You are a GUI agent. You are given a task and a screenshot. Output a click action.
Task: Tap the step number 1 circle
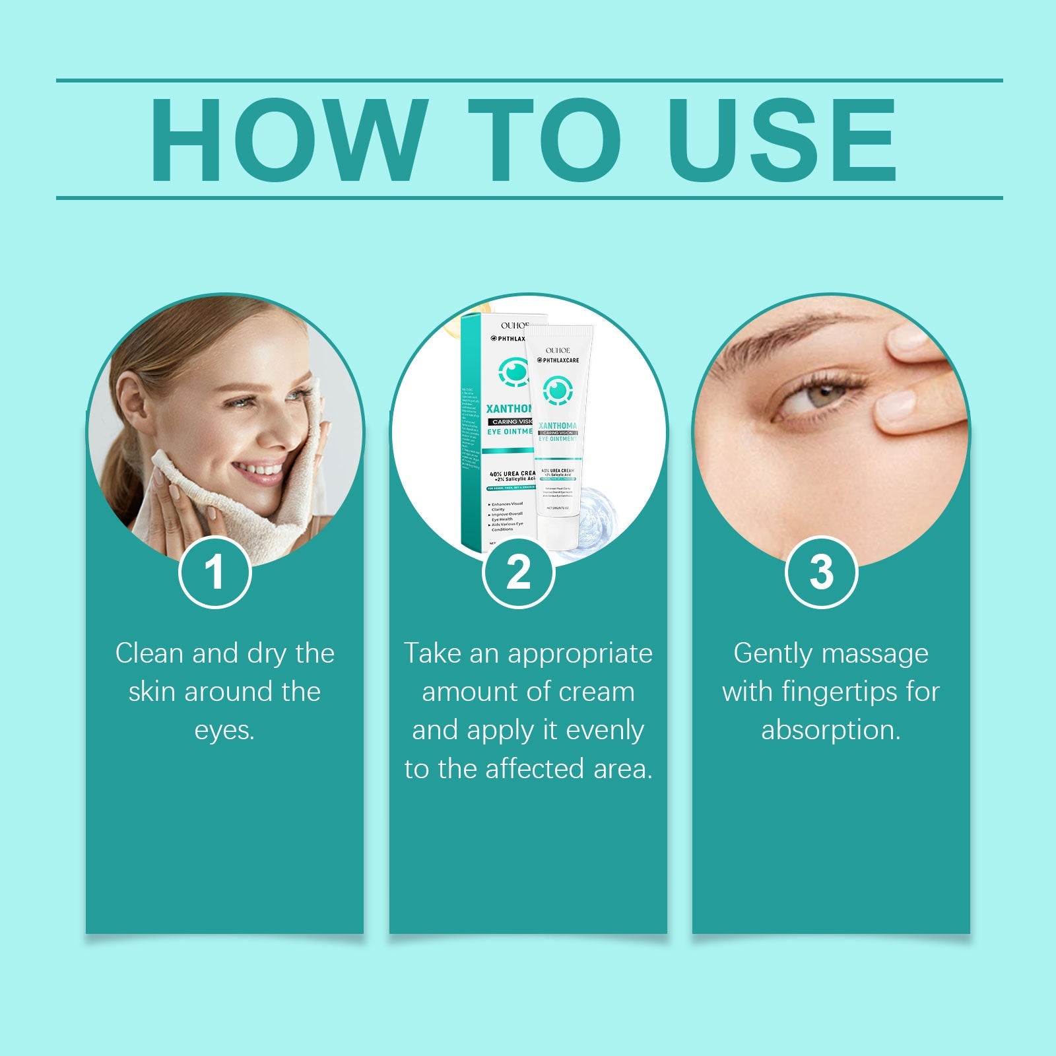pyautogui.click(x=215, y=572)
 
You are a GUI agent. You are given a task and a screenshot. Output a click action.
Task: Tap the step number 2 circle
pyautogui.click(x=518, y=572)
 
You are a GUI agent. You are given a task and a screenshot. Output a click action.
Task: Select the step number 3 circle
pyautogui.click(x=821, y=572)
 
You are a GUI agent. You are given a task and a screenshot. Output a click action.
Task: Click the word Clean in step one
pyautogui.click(x=148, y=653)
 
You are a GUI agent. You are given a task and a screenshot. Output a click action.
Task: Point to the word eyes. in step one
pyautogui.click(x=224, y=730)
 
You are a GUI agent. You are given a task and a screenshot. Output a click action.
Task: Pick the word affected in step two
pyautogui.click(x=535, y=769)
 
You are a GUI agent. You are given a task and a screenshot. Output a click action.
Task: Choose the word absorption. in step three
pyautogui.click(x=830, y=730)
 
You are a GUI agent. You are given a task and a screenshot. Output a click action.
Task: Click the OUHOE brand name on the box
pyautogui.click(x=514, y=325)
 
